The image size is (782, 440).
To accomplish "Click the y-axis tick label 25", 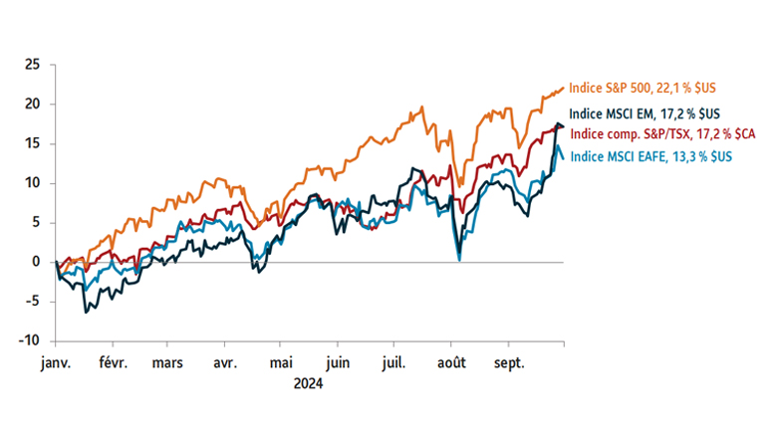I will pyautogui.click(x=32, y=65).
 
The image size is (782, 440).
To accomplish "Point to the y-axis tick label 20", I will pyautogui.click(x=32, y=104).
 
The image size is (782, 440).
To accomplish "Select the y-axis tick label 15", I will pyautogui.click(x=32, y=143).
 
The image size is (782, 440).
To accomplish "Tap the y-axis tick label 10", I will pyautogui.click(x=32, y=183).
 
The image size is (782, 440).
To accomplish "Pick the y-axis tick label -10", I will pyautogui.click(x=30, y=340).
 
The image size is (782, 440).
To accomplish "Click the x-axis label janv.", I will pyautogui.click(x=55, y=363).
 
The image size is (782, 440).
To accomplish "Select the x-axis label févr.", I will pyautogui.click(x=113, y=363).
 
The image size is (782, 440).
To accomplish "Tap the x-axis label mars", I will pyautogui.click(x=167, y=363).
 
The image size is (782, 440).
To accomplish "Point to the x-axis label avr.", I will pyautogui.click(x=225, y=363).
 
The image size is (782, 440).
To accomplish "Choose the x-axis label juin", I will pyautogui.click(x=339, y=363).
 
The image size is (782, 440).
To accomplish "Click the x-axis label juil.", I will pyautogui.click(x=394, y=363).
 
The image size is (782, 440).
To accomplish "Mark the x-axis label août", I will pyautogui.click(x=451, y=363).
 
